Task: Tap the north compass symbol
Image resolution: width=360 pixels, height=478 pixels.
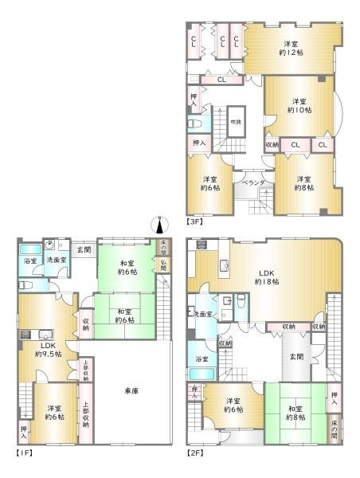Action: click(160, 223)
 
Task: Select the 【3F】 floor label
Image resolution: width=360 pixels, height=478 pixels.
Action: click(195, 221)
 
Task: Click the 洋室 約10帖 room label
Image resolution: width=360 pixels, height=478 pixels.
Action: click(299, 107)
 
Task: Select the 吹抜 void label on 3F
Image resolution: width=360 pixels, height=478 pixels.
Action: click(236, 121)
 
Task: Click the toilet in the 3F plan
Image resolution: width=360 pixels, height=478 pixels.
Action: click(195, 124)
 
